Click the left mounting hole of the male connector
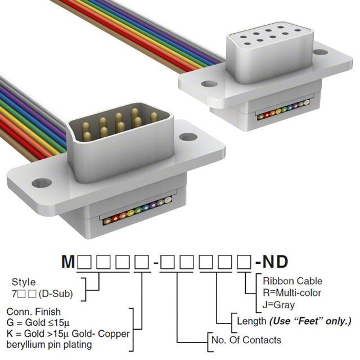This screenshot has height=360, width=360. (42, 183)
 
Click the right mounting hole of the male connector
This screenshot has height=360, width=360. (188, 137)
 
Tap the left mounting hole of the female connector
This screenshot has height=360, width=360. (209, 84)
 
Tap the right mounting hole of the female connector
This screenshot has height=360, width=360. (320, 52)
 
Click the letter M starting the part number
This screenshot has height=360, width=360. (68, 262)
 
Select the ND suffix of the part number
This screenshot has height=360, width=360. (275, 262)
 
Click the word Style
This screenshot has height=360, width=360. (24, 282)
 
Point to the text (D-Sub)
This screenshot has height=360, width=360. (56, 294)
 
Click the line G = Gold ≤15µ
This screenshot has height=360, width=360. (38, 322)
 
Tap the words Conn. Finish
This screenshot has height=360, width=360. (34, 312)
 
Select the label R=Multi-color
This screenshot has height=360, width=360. (292, 293)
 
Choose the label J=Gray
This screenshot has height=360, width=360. (279, 305)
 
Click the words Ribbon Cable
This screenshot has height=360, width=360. (292, 281)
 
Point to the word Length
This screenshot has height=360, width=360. (251, 321)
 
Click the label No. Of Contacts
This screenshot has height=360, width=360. (246, 340)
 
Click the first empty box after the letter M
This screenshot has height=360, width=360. (84, 262)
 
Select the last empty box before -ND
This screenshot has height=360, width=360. (244, 262)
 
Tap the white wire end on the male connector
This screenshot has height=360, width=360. (168, 200)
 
